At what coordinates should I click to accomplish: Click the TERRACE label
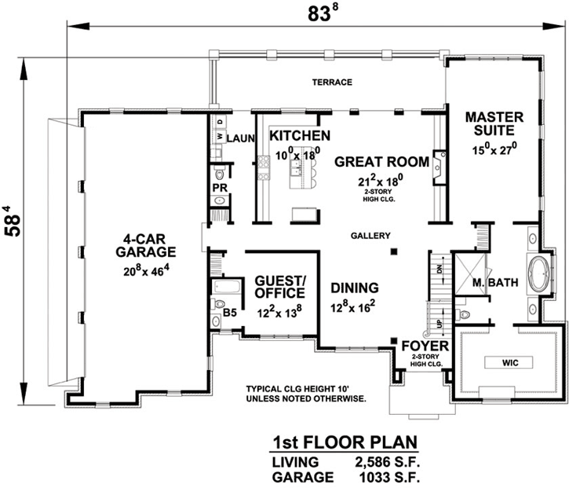tap(331, 83)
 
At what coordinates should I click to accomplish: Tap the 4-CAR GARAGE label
tap(146, 245)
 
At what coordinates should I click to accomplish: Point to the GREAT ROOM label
tap(382, 162)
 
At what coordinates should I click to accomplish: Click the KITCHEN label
tap(299, 136)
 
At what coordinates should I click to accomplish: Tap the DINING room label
tap(354, 288)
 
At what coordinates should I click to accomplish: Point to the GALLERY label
tap(370, 236)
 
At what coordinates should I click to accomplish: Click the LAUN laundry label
tap(242, 138)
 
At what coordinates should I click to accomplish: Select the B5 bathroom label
tap(230, 313)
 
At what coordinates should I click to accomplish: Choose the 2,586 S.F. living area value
tap(382, 461)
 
